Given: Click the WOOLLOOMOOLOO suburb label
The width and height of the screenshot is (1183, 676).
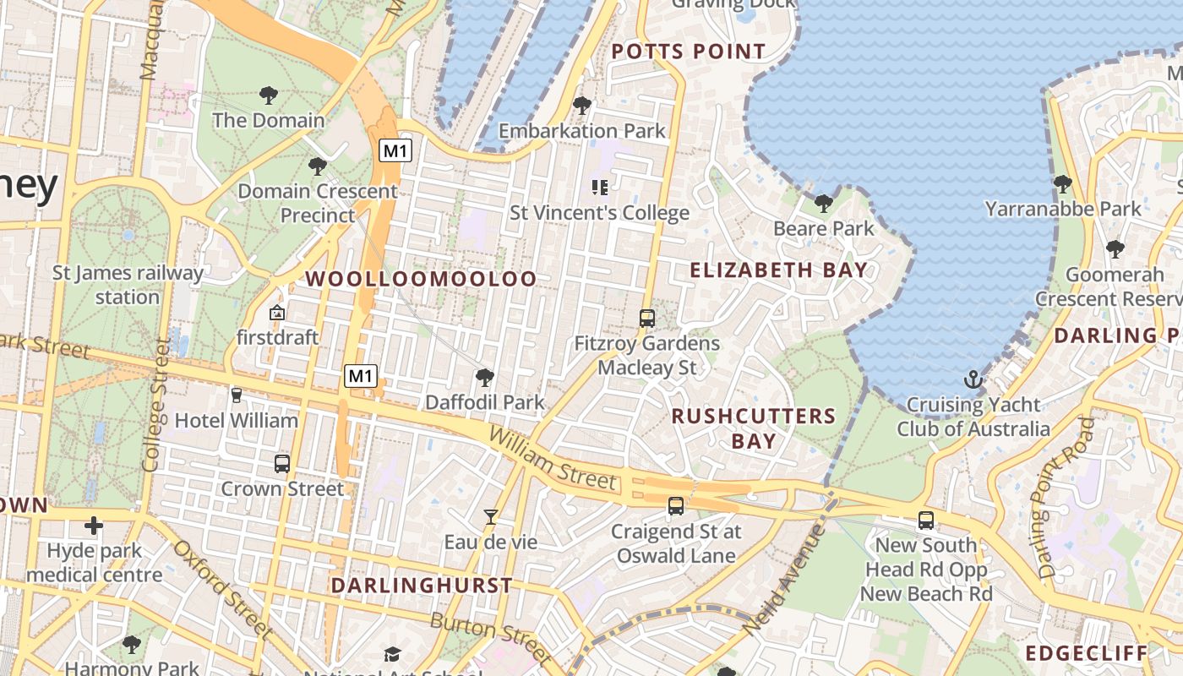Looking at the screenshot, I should (x=421, y=279).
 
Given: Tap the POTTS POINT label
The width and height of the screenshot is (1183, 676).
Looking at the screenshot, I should (x=688, y=52).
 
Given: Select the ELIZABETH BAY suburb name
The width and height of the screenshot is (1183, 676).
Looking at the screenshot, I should (x=778, y=270).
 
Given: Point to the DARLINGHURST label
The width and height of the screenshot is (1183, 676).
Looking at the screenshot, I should (x=421, y=586).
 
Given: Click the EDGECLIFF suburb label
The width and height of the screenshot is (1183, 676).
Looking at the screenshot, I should (x=1087, y=653).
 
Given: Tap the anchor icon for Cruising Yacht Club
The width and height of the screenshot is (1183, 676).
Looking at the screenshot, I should (x=973, y=379).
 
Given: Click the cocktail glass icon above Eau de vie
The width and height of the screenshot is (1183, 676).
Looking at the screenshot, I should (x=490, y=516).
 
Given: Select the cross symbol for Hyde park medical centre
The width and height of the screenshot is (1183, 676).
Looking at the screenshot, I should (x=93, y=526).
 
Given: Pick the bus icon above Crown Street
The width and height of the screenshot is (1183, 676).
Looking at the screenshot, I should (x=282, y=463).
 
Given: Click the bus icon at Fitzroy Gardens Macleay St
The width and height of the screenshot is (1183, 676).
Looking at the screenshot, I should (x=646, y=319).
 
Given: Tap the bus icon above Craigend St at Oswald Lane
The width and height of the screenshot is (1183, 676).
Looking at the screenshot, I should (x=675, y=506).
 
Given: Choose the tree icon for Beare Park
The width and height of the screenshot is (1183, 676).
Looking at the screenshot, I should (x=823, y=204).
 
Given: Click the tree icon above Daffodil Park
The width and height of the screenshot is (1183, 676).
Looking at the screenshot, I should (x=484, y=377).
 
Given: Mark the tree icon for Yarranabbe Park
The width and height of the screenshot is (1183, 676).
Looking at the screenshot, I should (x=1062, y=183).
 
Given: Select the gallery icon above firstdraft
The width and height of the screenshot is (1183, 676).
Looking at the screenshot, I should (x=276, y=313).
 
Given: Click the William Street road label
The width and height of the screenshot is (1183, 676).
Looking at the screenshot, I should (x=553, y=459).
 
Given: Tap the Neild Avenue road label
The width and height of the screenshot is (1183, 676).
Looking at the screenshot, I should (x=782, y=579).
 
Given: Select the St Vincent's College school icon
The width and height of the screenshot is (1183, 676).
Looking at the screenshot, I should (x=600, y=187).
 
